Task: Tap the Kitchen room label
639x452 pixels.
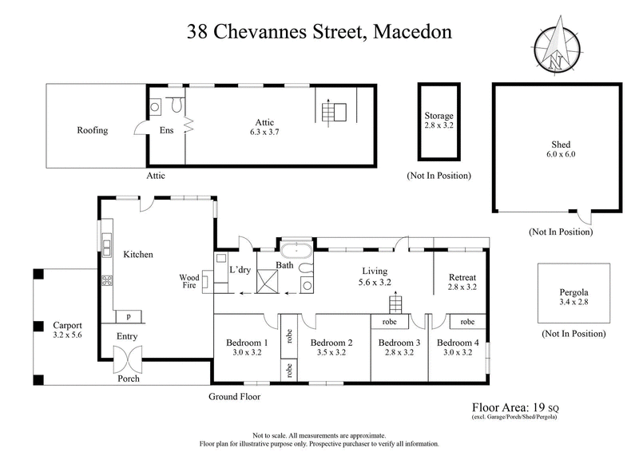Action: tap(137, 254)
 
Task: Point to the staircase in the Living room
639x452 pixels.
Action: tap(395, 305)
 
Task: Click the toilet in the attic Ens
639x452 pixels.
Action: tap(177, 104)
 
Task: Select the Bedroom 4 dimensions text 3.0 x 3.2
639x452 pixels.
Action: tap(456, 353)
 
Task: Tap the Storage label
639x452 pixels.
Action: tap(439, 116)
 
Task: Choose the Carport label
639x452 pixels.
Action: tap(67, 326)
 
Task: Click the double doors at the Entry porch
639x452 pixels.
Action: tap(128, 362)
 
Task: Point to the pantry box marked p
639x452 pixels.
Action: tap(128, 315)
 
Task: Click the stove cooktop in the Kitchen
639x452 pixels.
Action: tap(107, 280)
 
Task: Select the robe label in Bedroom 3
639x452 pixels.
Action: tap(390, 322)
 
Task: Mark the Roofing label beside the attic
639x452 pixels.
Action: tap(92, 130)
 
